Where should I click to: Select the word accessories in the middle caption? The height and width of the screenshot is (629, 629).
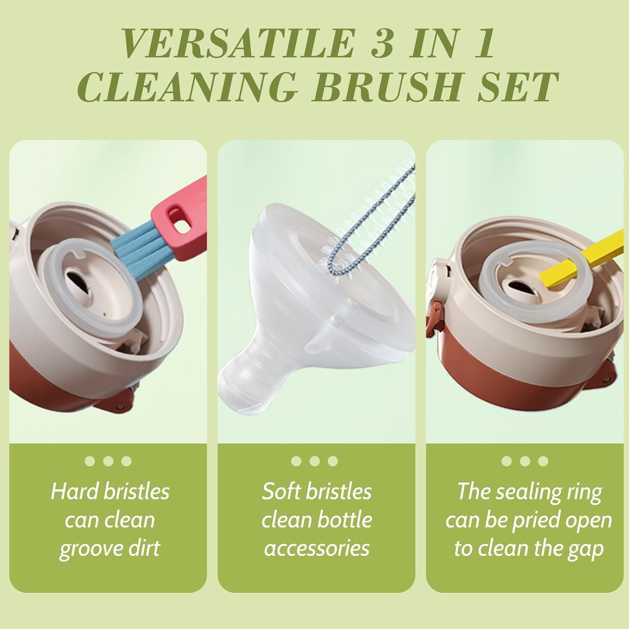[x=317, y=548]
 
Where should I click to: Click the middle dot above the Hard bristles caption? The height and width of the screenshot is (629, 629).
[x=108, y=461]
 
